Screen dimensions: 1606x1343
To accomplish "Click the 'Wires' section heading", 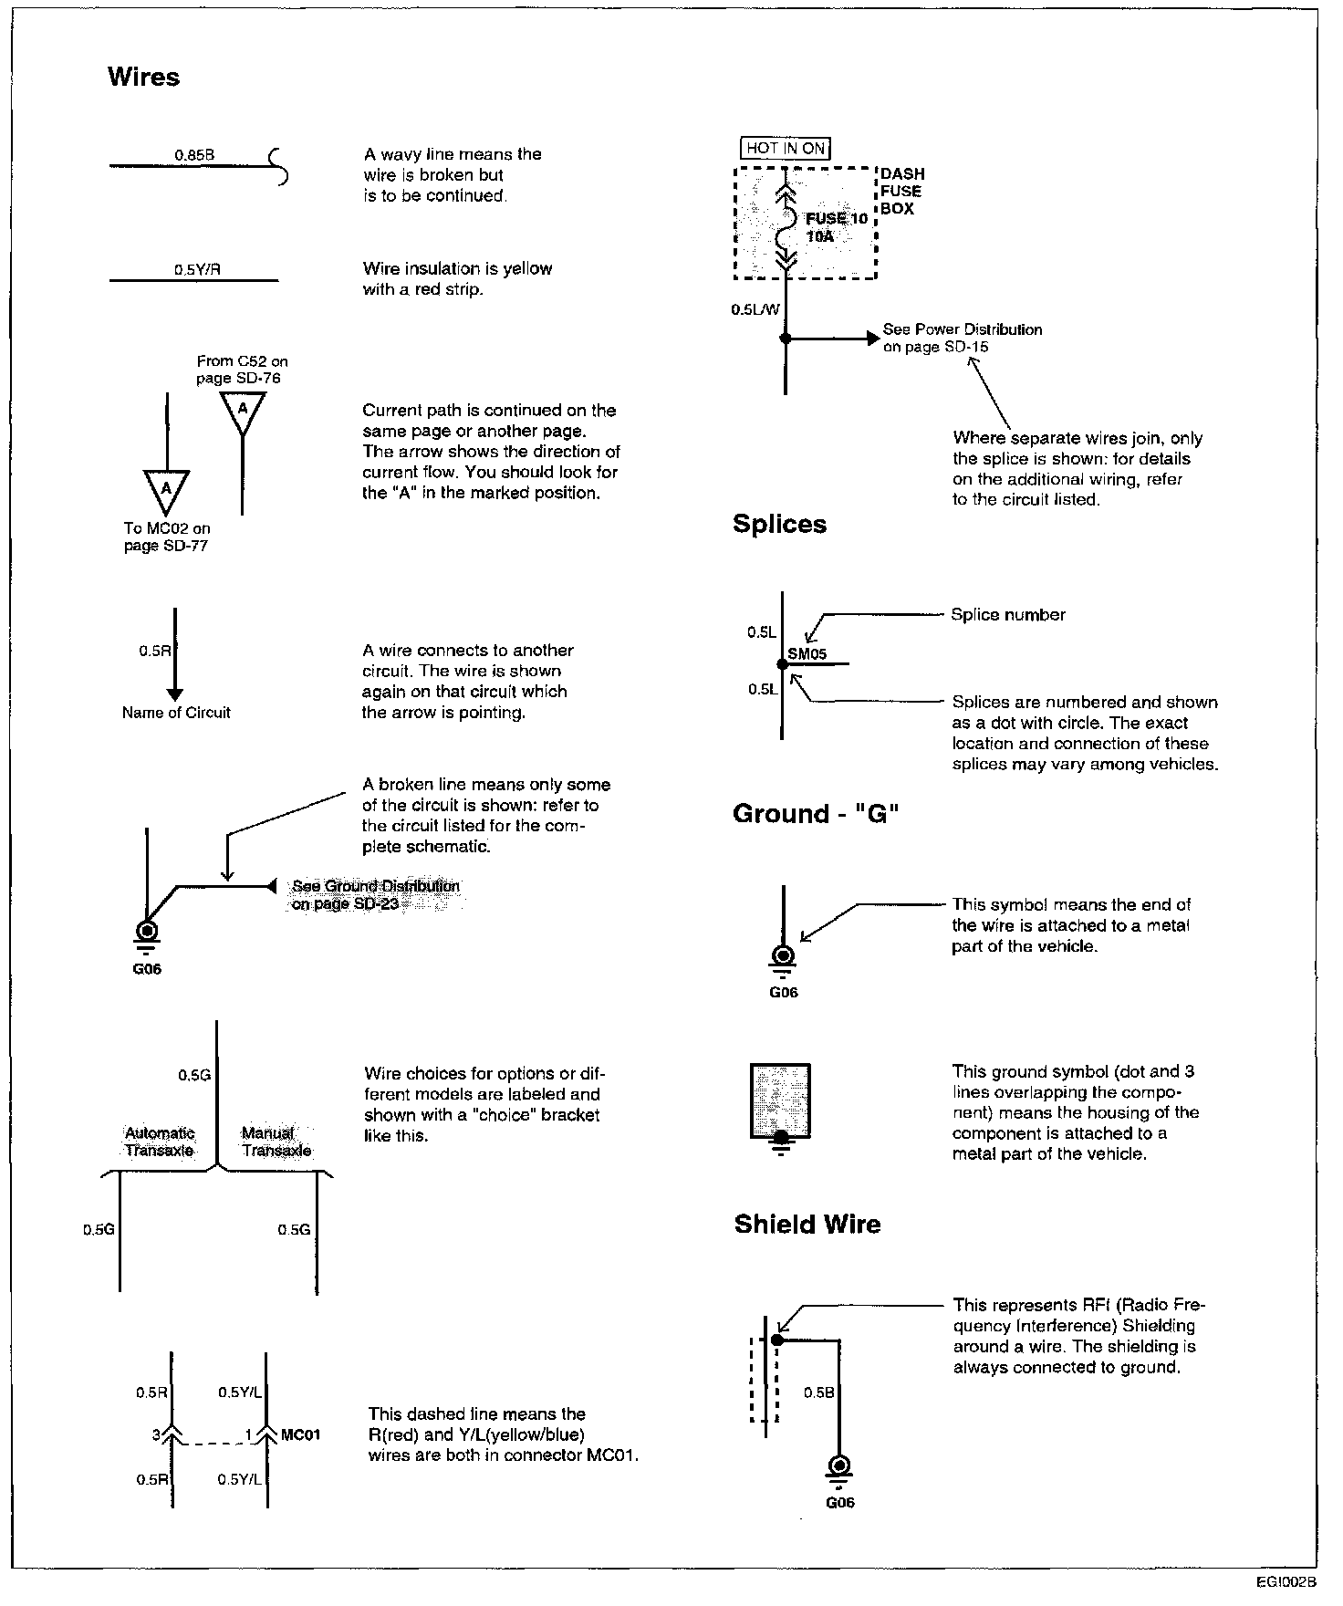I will tap(143, 77).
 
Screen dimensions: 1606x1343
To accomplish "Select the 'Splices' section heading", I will tap(779, 524).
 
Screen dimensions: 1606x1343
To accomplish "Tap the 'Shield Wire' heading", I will tap(807, 1224).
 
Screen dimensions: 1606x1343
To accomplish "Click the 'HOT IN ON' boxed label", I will tap(785, 148).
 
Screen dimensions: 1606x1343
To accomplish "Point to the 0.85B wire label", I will tap(194, 155).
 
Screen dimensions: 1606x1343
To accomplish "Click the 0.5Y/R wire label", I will tap(197, 270).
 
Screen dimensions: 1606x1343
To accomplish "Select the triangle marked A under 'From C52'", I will tap(242, 411).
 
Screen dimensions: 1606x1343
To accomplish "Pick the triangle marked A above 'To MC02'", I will tap(166, 490).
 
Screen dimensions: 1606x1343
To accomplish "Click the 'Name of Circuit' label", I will tap(176, 713).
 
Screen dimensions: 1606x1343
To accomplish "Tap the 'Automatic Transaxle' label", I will tap(160, 1142).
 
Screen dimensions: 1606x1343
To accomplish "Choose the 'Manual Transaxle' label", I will tap(276, 1142).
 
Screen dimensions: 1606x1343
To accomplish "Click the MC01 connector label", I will tap(301, 1434).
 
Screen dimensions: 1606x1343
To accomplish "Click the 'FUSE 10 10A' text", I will tap(835, 227).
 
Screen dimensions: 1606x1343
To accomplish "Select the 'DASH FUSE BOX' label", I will tap(901, 191).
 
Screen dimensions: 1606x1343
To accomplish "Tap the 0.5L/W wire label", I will tap(755, 309).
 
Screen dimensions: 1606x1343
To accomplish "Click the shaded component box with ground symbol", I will tap(780, 1102).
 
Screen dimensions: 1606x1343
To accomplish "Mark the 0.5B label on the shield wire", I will tap(819, 1392).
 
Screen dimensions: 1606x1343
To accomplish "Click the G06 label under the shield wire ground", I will tap(839, 1503).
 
